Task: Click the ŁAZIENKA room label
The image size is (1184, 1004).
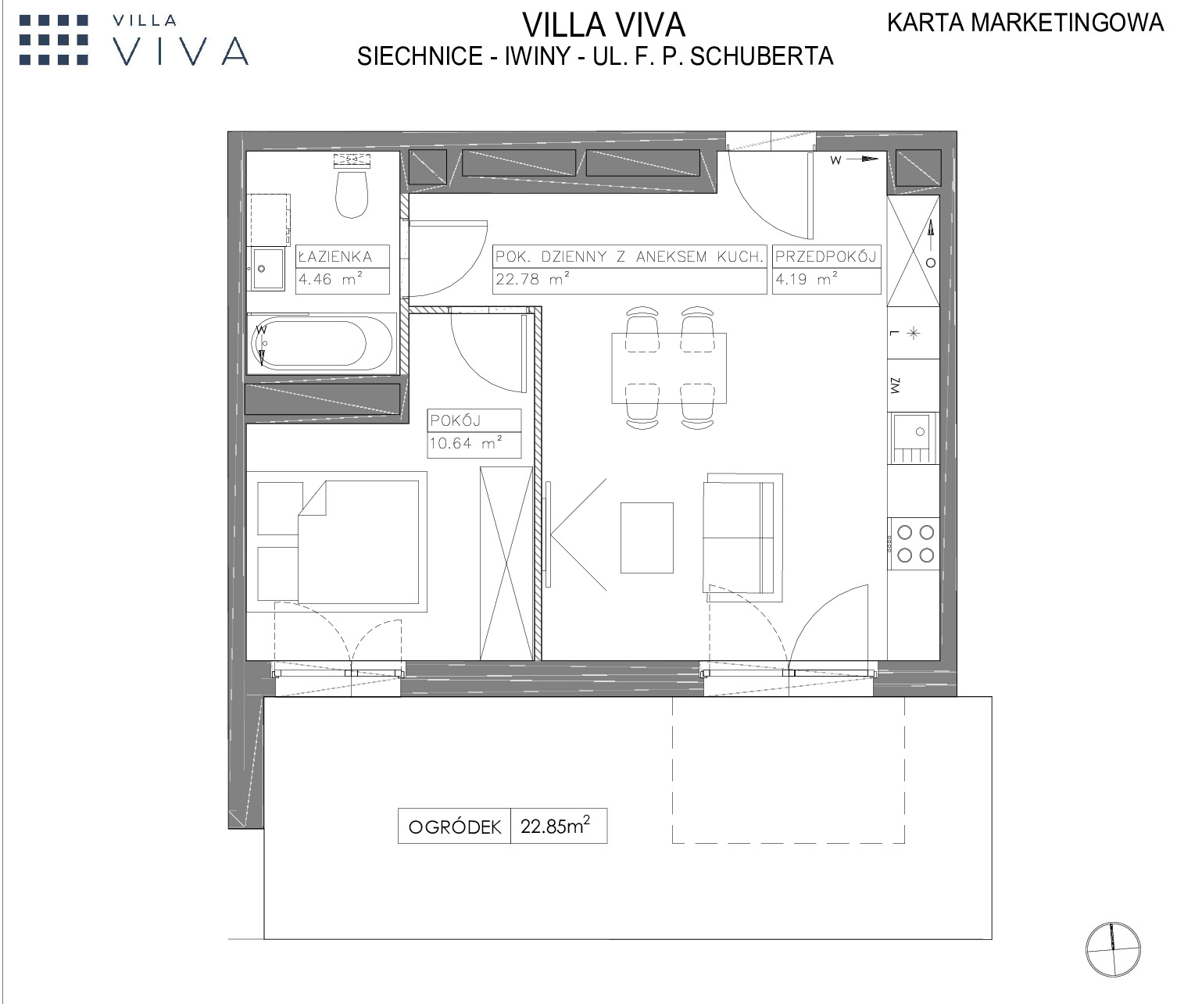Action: point(336,256)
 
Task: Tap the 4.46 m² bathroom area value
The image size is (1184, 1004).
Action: point(330,279)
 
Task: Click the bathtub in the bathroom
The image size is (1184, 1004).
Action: point(322,344)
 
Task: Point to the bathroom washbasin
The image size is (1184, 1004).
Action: point(266,269)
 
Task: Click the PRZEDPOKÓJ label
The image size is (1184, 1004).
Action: point(825,256)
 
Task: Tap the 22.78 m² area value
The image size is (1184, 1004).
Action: point(532,279)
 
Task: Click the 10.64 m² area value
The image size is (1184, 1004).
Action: point(466,443)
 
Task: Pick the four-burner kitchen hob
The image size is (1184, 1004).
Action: point(914,544)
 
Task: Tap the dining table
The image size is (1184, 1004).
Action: point(669,368)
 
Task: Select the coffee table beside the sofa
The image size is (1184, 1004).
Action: point(646,538)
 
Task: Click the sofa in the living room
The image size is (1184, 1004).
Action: point(742,538)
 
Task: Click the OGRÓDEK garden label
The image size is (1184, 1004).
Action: point(455,827)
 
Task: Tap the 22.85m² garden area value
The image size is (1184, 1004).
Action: point(555,826)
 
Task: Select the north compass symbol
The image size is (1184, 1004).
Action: point(1113,949)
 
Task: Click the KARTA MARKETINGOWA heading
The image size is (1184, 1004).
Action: point(1025,23)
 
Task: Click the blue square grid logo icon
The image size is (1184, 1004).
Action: point(54,40)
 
